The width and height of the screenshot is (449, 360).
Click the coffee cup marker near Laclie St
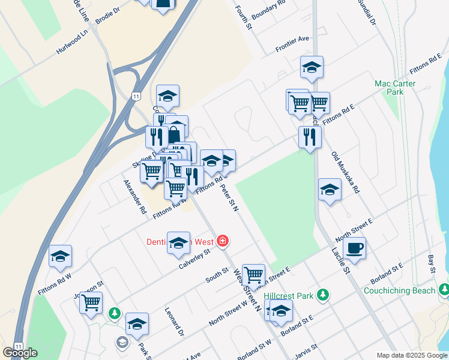pos(354,247)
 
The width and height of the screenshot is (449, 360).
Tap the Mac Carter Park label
pos(395,88)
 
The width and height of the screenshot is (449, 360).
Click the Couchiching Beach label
pos(399,291)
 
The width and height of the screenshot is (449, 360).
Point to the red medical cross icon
pos(223,241)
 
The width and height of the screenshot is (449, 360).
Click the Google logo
pos(20,352)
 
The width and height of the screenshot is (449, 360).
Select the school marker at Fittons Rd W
pos(60,256)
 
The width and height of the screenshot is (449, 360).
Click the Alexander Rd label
pos(135,197)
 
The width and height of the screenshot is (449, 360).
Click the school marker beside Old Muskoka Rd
pos(330,190)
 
